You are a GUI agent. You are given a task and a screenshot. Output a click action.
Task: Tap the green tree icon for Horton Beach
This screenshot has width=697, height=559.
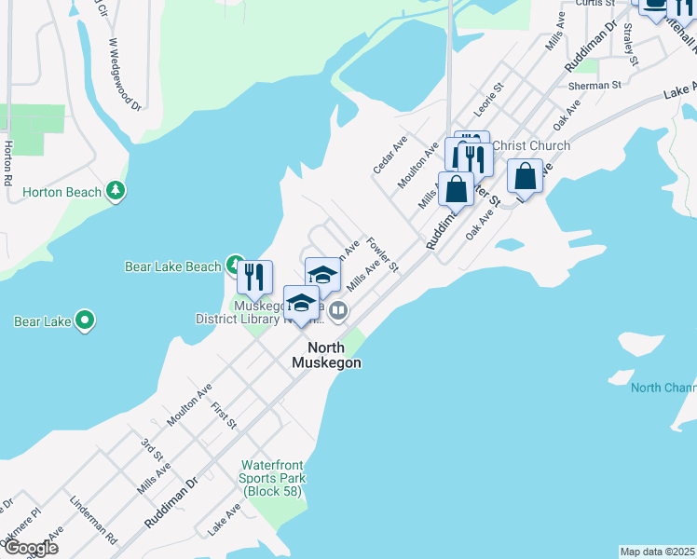(116, 191)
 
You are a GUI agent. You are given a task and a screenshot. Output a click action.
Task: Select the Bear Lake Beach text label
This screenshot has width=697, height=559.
(172, 266)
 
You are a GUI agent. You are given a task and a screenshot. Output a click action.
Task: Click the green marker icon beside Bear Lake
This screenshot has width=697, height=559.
(85, 321)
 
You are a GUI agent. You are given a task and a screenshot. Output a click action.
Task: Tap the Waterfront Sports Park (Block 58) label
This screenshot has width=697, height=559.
(273, 478)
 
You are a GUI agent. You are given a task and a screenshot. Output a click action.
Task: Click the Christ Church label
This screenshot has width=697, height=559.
(530, 145)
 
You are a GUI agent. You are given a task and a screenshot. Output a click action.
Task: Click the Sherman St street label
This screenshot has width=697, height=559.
(594, 85)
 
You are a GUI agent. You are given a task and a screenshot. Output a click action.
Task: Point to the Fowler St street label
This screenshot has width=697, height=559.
(382, 254)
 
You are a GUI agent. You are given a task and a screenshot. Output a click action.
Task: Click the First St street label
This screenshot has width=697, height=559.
(224, 416)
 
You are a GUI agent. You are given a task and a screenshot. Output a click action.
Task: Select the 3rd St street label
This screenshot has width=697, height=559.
(152, 448)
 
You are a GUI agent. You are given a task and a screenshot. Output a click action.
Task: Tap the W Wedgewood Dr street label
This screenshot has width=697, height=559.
(124, 74)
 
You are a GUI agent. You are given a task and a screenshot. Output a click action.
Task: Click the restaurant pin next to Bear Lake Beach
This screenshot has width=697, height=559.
(253, 278)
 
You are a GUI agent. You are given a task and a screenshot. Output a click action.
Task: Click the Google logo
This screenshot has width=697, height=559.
(30, 548)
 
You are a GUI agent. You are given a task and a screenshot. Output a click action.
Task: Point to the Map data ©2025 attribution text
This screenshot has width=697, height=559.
(657, 552)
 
